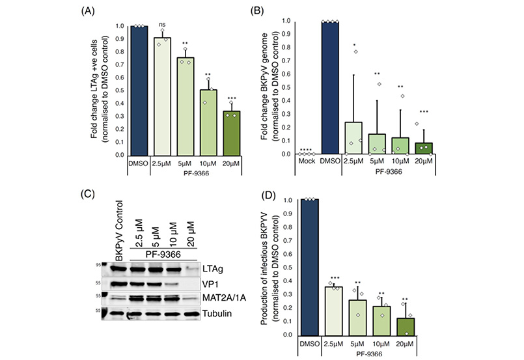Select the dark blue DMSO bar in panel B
pos(331,88)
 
